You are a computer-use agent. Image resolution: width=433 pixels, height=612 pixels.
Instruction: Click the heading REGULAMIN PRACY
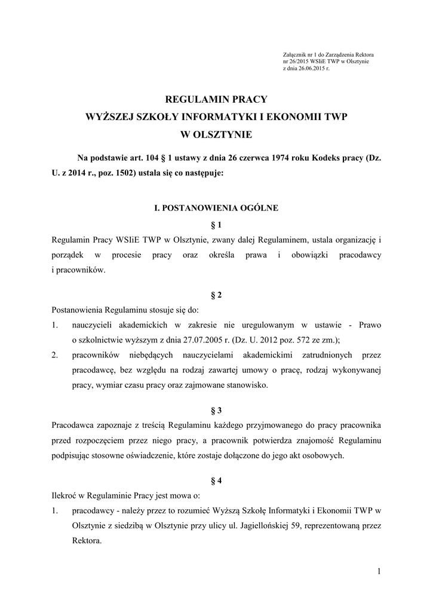pos(216,99)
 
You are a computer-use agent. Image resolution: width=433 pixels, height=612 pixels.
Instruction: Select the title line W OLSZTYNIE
pos(216,134)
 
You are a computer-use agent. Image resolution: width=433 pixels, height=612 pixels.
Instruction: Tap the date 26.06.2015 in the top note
pos(310,69)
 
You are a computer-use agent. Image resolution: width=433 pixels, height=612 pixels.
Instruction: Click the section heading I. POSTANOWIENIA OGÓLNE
pos(216,209)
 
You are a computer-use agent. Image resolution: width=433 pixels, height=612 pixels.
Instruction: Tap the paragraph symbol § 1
pos(216,225)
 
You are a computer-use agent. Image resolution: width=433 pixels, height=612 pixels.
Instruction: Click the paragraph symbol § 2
pos(216,295)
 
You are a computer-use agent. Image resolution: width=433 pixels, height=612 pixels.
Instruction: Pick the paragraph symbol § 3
pos(216,411)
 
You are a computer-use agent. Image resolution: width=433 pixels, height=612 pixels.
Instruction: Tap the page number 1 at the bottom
pos(378,572)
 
